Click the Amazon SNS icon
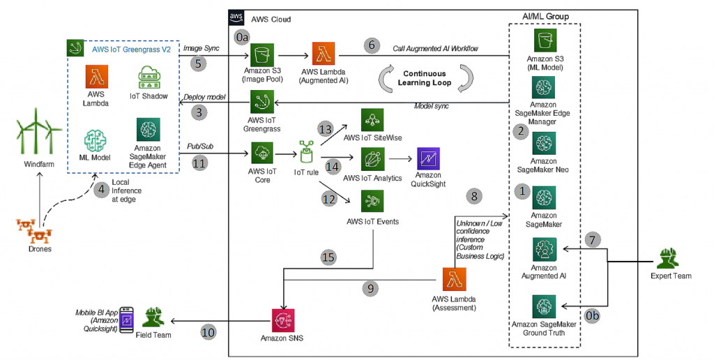click(282, 320)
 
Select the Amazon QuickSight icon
click(427, 159)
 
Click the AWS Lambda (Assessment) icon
click(455, 280)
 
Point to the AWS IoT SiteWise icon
click(372, 119)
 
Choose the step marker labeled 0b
click(592, 316)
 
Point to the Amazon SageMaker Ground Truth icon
click(543, 307)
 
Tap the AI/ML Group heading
click(545, 15)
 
